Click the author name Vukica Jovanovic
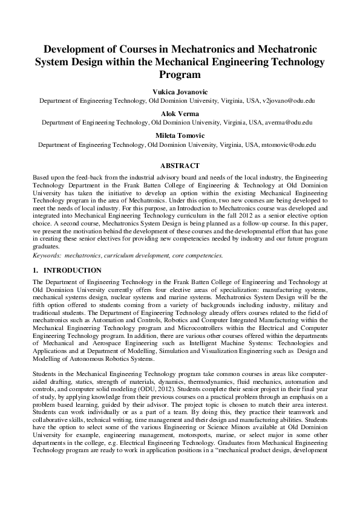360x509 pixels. pyautogui.click(x=180, y=91)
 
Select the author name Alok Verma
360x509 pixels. pyautogui.click(x=180, y=113)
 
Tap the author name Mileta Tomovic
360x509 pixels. pyautogui.click(x=180, y=135)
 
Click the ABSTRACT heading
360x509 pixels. pyautogui.click(x=180, y=165)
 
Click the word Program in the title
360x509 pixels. pyautogui.click(x=180, y=75)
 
